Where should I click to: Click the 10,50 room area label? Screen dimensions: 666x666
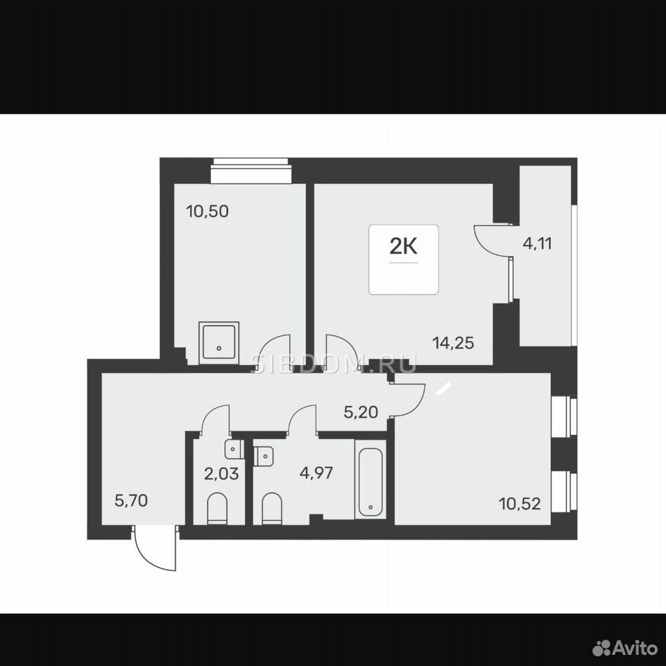click(x=207, y=211)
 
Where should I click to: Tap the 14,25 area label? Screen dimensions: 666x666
click(x=453, y=342)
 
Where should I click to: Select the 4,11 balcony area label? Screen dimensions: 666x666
click(x=537, y=244)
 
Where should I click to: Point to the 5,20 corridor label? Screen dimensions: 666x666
click(x=361, y=412)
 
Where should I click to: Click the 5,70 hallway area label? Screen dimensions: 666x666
click(x=131, y=500)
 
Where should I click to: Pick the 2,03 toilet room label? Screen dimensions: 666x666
click(x=221, y=473)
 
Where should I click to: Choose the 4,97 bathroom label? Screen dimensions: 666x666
click(x=316, y=472)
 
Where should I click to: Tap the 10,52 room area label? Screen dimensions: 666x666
click(x=520, y=504)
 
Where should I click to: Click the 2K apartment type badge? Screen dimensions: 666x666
click(x=404, y=259)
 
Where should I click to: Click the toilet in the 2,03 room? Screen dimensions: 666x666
click(x=217, y=509)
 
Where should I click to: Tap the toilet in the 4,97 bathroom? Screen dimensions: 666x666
click(x=272, y=509)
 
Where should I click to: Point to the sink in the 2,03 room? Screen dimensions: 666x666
click(x=234, y=449)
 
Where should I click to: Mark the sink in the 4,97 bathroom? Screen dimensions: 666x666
click(x=264, y=456)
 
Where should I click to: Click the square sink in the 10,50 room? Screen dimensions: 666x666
click(x=219, y=343)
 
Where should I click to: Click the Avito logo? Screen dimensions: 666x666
click(x=624, y=648)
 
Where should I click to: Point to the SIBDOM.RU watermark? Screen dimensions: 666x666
click(x=334, y=364)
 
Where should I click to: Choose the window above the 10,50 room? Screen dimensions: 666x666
click(x=251, y=171)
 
